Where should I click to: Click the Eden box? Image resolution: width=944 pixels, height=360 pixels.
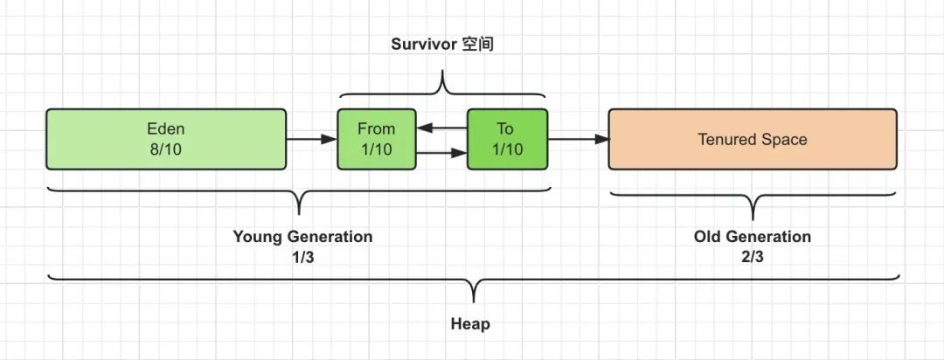[166, 139]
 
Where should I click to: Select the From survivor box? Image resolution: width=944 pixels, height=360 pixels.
[376, 139]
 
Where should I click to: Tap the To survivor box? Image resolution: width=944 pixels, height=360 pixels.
[506, 139]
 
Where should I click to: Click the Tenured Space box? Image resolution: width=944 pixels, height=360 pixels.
[752, 139]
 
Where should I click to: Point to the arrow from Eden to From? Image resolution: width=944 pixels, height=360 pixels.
[312, 139]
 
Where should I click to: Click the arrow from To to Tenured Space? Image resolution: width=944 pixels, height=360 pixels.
[578, 139]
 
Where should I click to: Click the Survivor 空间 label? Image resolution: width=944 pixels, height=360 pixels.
[441, 44]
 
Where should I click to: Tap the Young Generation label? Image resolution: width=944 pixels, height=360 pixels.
[302, 237]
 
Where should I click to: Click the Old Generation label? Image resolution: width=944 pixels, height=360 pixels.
[752, 237]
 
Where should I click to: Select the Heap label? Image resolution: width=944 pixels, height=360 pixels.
[470, 324]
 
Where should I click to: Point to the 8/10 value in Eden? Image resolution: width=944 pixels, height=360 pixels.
[166, 149]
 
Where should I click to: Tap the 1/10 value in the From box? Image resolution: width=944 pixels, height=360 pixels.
[376, 149]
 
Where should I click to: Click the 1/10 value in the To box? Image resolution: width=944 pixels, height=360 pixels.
[506, 149]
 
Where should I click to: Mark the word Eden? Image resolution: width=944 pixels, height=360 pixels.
[166, 128]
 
